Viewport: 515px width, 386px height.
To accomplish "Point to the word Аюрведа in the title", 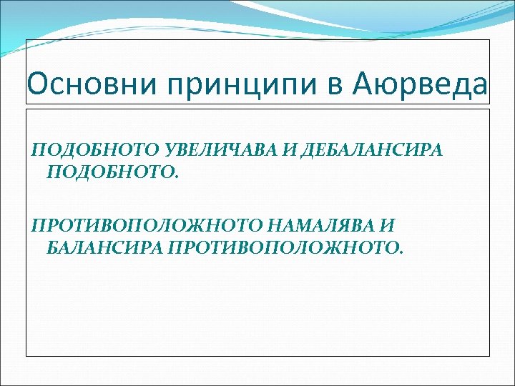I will tap(420, 86).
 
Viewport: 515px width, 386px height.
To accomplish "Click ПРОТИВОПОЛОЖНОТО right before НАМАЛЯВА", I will tap(147, 227).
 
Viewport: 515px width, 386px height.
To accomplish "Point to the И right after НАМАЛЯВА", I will tap(387, 227).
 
